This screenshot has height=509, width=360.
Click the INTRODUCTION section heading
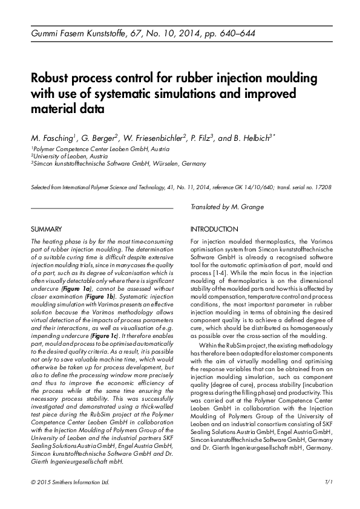click(214, 230)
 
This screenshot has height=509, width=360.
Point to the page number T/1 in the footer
click(329, 483)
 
